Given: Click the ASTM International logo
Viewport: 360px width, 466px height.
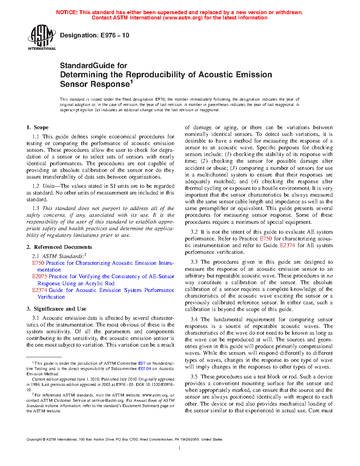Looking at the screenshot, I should point(42,37).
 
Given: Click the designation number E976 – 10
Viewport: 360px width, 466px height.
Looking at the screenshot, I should point(115,35).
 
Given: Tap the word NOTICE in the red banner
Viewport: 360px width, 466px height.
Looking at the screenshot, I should point(67,12).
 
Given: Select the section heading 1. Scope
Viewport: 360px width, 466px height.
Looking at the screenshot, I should point(37,127).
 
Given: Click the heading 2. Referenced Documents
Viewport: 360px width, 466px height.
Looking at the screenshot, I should point(59,247).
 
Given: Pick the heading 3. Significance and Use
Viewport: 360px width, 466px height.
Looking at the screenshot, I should point(56,309).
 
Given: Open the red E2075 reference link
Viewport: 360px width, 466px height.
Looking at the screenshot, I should point(40,276).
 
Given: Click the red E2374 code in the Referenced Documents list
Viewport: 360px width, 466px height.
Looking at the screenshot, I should point(40,290).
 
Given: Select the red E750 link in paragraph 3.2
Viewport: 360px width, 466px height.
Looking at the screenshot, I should point(266,239).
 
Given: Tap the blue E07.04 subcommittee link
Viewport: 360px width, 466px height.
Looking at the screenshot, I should point(144,369).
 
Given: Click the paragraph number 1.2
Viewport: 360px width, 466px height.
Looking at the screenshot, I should point(36,186).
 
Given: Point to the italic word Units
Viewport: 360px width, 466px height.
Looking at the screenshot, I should point(49,186).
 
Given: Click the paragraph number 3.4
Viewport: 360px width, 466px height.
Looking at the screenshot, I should point(194,319).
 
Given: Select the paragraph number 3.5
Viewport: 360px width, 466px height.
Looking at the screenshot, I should point(194,377).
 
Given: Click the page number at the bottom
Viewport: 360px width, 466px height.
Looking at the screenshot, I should point(180,448).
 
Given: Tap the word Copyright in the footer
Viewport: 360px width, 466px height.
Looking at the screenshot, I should point(34,440).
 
